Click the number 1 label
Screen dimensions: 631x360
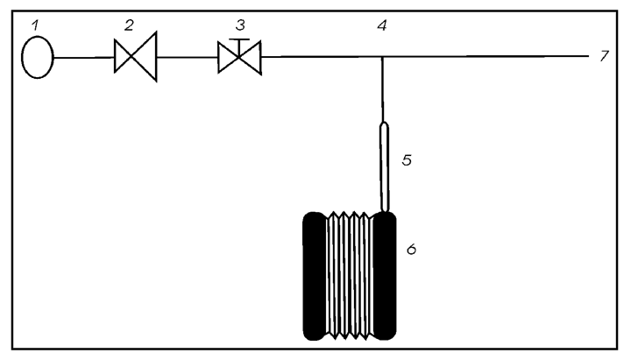pos(35,25)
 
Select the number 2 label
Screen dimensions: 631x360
pos(129,25)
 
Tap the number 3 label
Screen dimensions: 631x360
pos(240,25)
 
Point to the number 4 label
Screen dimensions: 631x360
pos(382,25)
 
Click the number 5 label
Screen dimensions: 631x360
pos(407,160)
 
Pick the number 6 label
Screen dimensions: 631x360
pos(411,250)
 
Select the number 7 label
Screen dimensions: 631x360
pos(604,56)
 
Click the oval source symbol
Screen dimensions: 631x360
pos(38,57)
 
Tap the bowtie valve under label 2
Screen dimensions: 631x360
pos(135,57)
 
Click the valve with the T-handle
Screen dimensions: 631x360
pos(239,56)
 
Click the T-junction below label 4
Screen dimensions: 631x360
pos(383,57)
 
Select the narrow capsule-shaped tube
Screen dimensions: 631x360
pos(385,167)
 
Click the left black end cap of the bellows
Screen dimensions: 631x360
pos(315,276)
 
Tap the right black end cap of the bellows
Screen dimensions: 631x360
pos(385,276)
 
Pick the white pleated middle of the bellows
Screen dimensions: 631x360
pos(350,275)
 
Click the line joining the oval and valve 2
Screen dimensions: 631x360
pos(84,58)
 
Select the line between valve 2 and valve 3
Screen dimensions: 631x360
pos(188,57)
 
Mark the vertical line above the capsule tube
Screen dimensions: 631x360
pos(383,89)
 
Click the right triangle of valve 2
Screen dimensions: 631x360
pos(146,57)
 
